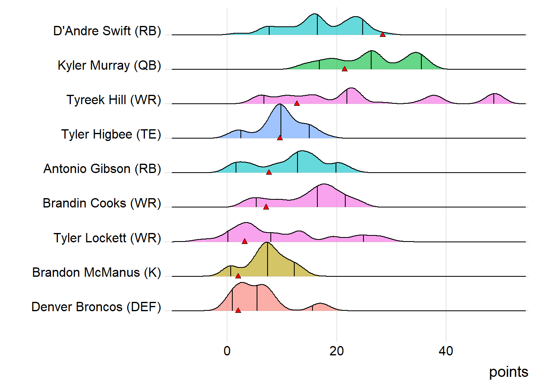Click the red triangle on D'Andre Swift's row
[x=382, y=34]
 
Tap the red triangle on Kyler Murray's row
[x=344, y=69]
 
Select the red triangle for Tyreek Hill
[x=297, y=103]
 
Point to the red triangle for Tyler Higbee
[x=280, y=138]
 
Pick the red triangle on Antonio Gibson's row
[x=269, y=172]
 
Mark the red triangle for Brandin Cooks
[x=266, y=207]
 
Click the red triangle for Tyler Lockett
[x=244, y=241]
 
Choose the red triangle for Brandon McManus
[x=238, y=276]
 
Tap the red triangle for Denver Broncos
[x=238, y=310]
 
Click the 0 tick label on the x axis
[x=227, y=351]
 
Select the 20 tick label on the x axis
[x=336, y=351]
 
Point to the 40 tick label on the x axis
[x=446, y=351]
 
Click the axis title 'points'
[x=508, y=372]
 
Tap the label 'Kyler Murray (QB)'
[x=109, y=65]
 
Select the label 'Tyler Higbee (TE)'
[x=111, y=134]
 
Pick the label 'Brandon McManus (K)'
[x=96, y=272]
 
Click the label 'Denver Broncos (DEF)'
[x=96, y=307]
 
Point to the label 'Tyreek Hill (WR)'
[x=114, y=100]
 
